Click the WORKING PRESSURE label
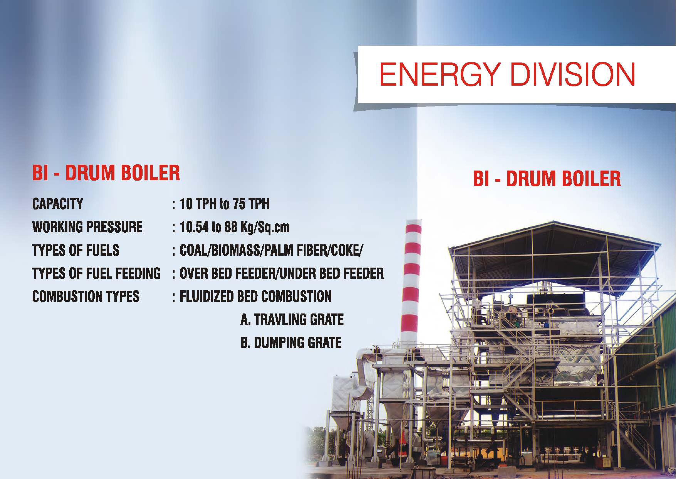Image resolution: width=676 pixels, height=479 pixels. pyautogui.click(x=87, y=227)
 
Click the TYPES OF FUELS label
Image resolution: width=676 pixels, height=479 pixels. pyautogui.click(x=76, y=250)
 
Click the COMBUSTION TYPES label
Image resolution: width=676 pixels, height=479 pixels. pyautogui.click(x=86, y=296)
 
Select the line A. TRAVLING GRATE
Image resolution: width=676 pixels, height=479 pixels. pyautogui.click(x=292, y=319)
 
